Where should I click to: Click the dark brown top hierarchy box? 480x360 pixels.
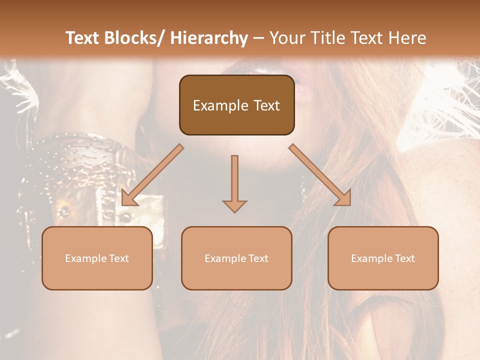[x=236, y=105]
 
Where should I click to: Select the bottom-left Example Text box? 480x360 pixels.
[x=97, y=258]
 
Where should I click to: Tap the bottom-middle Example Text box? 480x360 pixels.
[x=236, y=258]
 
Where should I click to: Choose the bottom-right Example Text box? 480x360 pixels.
[x=383, y=258]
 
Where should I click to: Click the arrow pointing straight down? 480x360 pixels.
[x=234, y=183]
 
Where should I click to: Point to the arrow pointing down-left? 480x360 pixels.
[x=152, y=175]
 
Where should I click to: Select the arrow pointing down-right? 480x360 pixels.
[x=320, y=175]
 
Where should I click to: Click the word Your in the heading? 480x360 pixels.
[x=287, y=38]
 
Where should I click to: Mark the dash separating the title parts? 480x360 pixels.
[x=258, y=38]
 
